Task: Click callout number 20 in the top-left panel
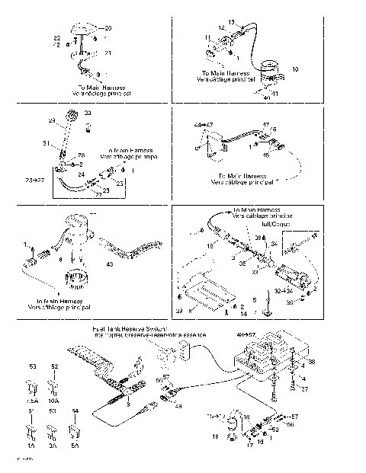pos(107,27)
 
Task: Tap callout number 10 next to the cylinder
pos(295,69)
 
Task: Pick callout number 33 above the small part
pos(88,113)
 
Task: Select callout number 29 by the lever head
pos(53,120)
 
